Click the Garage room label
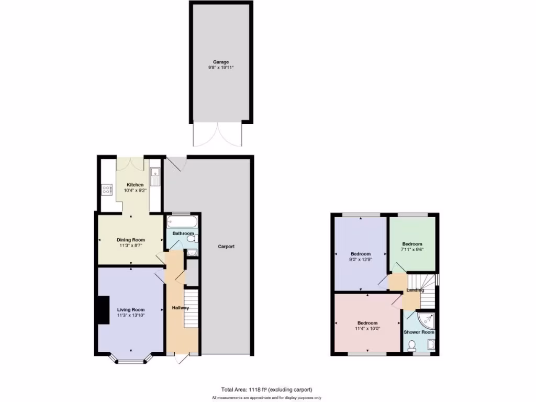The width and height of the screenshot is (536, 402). [220, 62]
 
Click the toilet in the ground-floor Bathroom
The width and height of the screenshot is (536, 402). [191, 239]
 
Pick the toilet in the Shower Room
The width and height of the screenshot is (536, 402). [412, 345]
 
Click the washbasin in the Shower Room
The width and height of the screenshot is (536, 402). [431, 344]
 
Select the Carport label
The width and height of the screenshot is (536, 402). [227, 247]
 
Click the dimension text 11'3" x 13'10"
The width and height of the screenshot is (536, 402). [130, 315]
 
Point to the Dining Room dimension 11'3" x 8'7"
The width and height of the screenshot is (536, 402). [130, 245]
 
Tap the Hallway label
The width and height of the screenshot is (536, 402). [181, 308]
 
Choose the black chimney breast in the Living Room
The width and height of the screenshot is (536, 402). [102, 309]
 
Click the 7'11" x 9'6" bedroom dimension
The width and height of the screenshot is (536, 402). [412, 250]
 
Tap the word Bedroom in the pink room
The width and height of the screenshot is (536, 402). [367, 323]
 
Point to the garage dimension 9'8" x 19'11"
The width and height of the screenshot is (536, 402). [220, 68]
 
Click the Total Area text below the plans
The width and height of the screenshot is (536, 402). [267, 389]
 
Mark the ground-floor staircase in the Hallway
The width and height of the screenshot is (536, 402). [192, 309]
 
